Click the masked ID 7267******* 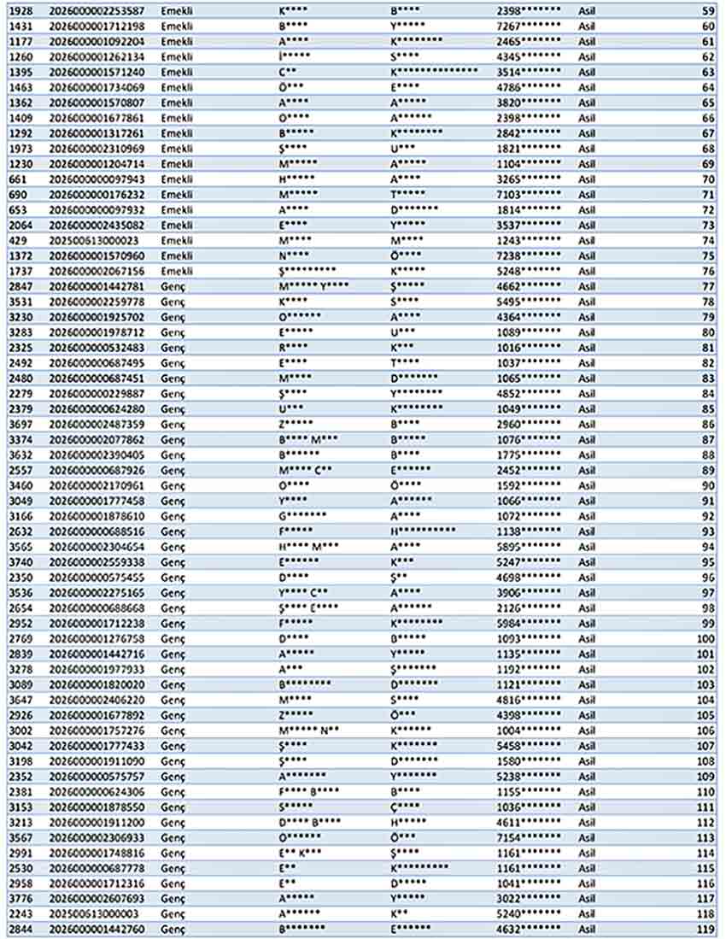529,26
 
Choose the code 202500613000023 94,240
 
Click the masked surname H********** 423,531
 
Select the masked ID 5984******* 529,623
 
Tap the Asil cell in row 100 587,638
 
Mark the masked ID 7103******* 529,194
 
